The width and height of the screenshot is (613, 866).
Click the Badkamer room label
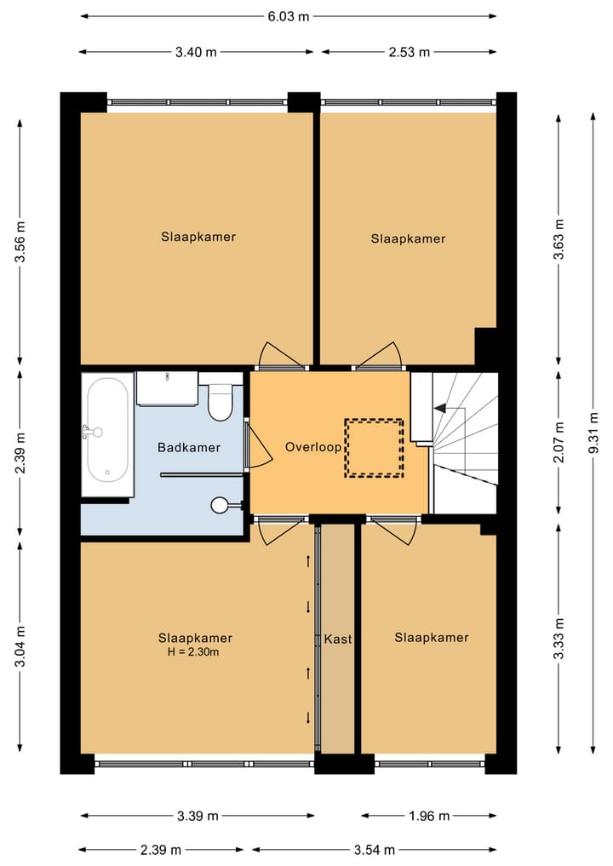189,447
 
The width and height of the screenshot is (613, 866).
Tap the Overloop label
313,447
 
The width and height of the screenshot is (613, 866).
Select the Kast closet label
338,639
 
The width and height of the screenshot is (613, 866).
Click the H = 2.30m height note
193,652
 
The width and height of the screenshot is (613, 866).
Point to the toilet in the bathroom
220,402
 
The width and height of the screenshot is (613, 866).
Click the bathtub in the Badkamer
107,430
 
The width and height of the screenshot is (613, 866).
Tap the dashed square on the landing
375,448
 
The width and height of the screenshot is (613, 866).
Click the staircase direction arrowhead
440,408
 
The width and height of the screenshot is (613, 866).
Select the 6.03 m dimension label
289,16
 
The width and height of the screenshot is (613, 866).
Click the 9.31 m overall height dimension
593,433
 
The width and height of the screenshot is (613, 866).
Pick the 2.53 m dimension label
409,53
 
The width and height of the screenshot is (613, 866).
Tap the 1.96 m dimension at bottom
429,816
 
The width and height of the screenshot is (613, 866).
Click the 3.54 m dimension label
375,850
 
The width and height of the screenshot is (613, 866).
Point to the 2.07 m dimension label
559,442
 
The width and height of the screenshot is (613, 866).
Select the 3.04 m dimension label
20,646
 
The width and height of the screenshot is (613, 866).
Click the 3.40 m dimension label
196,53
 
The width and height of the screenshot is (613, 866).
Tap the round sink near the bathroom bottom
220,505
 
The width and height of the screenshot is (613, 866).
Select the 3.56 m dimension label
20,241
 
